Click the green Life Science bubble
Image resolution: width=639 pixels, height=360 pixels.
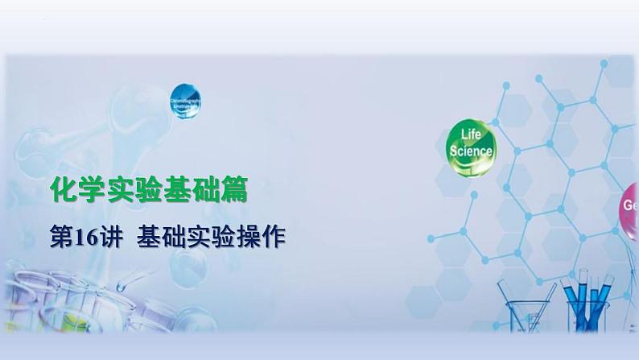pos(471,144)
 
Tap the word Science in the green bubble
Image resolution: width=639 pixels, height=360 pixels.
pos(472,150)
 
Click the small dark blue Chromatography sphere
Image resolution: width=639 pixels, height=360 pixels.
pos(185,104)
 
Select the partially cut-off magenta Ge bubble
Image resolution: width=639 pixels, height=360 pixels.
pos(630,205)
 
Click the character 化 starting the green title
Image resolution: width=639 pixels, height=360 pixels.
pos(62,191)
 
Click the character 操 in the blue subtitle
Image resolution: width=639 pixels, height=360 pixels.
pos(245,236)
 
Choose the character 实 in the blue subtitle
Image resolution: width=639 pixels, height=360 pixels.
pos(200,236)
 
